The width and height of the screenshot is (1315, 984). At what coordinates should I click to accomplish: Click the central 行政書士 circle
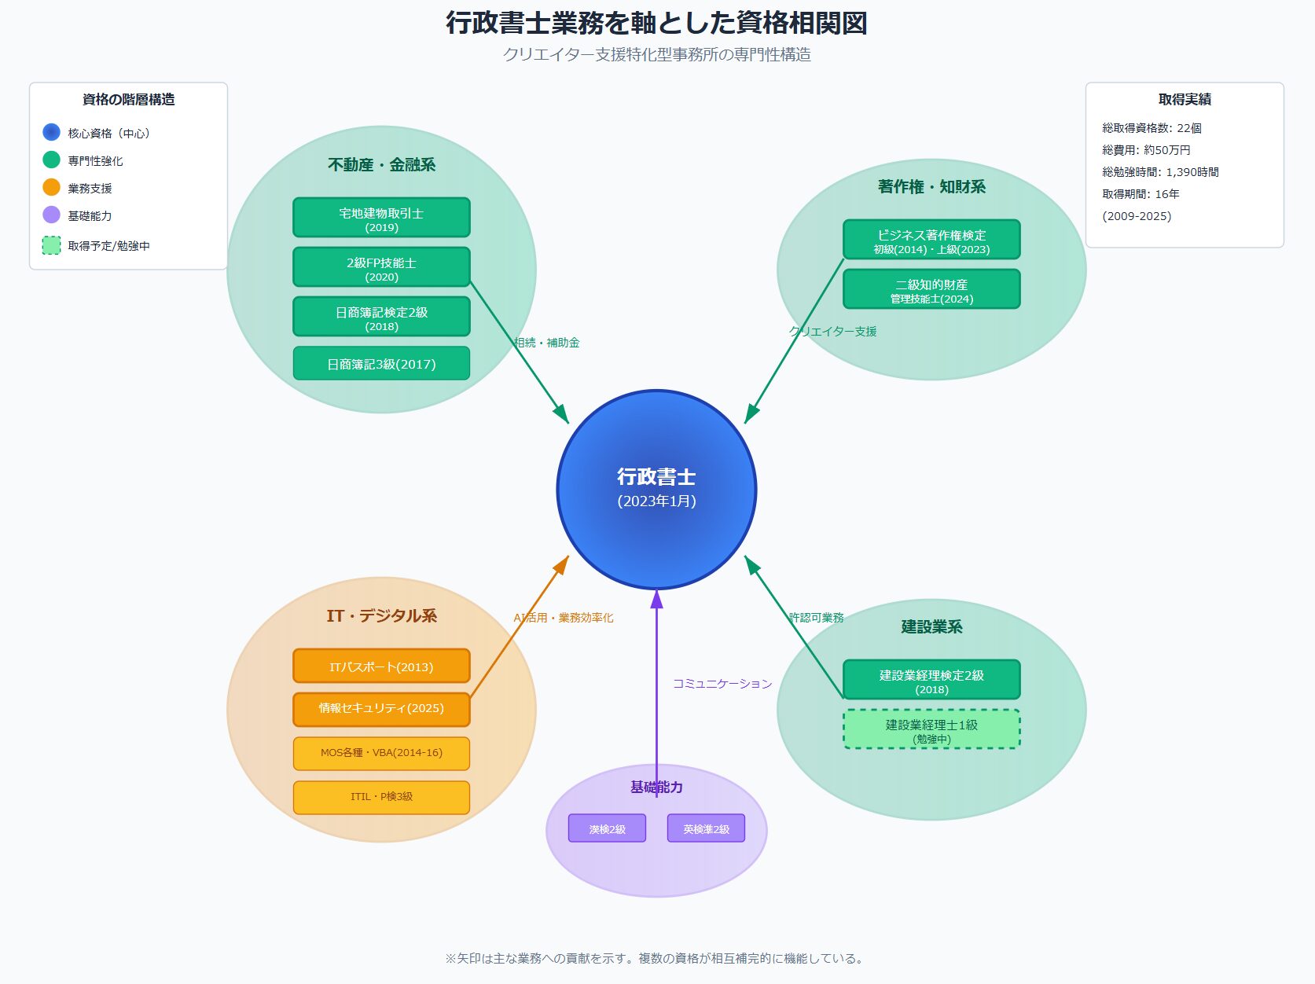[x=656, y=489]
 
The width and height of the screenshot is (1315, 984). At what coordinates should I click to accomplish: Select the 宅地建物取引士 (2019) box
[x=381, y=218]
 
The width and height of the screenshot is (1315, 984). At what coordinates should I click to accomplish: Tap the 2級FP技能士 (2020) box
[x=381, y=267]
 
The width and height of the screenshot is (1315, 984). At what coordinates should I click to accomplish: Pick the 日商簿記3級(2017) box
[x=381, y=364]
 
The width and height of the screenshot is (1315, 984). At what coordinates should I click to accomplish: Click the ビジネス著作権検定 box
[x=931, y=240]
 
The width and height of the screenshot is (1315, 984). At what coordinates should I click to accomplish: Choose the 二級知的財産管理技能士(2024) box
[x=931, y=289]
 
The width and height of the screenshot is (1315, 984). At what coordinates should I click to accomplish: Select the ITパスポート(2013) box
[x=381, y=666]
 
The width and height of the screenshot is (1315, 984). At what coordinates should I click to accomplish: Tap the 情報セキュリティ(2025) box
[x=381, y=709]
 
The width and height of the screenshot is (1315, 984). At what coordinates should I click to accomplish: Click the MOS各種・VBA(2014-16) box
[x=381, y=753]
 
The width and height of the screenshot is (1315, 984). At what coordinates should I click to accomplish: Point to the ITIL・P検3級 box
[x=381, y=797]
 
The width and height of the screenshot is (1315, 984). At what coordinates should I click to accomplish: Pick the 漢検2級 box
[x=607, y=828]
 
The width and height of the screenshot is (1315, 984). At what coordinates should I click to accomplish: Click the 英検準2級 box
[x=706, y=828]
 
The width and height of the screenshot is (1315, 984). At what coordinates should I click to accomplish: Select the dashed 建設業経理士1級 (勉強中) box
[x=931, y=729]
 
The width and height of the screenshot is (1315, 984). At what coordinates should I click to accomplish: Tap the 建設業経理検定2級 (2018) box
[x=931, y=680]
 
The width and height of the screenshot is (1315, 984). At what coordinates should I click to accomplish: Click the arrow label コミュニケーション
[x=722, y=684]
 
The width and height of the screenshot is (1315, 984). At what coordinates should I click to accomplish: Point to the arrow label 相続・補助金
[x=547, y=343]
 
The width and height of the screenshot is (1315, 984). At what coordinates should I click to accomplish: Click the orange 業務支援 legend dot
[x=51, y=188]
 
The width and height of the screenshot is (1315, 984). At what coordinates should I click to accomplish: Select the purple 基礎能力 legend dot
[x=51, y=215]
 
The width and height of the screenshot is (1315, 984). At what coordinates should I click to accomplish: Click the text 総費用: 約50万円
[x=1146, y=150]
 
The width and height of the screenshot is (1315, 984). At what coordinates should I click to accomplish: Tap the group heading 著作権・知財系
[x=931, y=187]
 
